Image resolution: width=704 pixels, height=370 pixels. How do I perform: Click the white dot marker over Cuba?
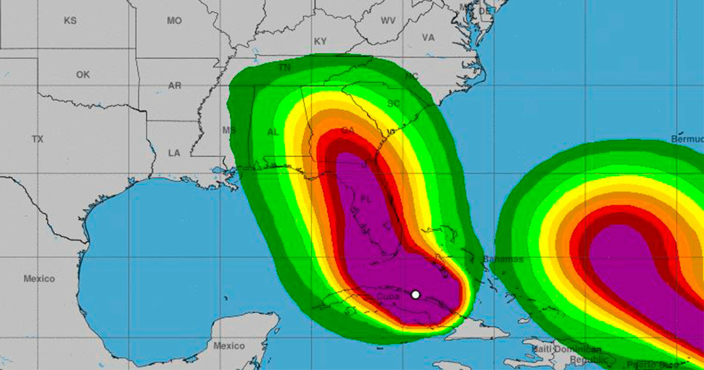tap(415, 294)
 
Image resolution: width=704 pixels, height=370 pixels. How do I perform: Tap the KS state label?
tap(70, 21)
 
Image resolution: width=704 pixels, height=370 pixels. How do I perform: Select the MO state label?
tap(174, 21)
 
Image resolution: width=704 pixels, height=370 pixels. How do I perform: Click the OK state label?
tap(83, 75)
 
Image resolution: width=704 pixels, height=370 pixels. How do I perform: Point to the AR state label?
tap(175, 85)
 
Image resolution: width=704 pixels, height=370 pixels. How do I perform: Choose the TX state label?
tap(38, 139)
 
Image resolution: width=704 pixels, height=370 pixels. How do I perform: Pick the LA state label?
tap(174, 153)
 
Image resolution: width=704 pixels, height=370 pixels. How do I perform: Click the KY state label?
tap(320, 41)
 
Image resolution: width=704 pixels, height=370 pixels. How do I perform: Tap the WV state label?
tap(388, 21)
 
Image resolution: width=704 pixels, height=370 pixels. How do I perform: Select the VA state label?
tap(428, 38)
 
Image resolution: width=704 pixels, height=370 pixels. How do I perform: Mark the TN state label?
tap(285, 68)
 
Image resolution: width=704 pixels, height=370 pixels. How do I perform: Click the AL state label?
tap(273, 132)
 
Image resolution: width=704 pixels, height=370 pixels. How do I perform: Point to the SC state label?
tap(393, 103)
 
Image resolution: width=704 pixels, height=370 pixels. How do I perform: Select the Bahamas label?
tap(503, 259)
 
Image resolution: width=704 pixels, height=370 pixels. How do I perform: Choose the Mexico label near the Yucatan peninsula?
tap(229, 345)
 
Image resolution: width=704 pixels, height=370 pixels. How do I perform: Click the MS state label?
tap(228, 130)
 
